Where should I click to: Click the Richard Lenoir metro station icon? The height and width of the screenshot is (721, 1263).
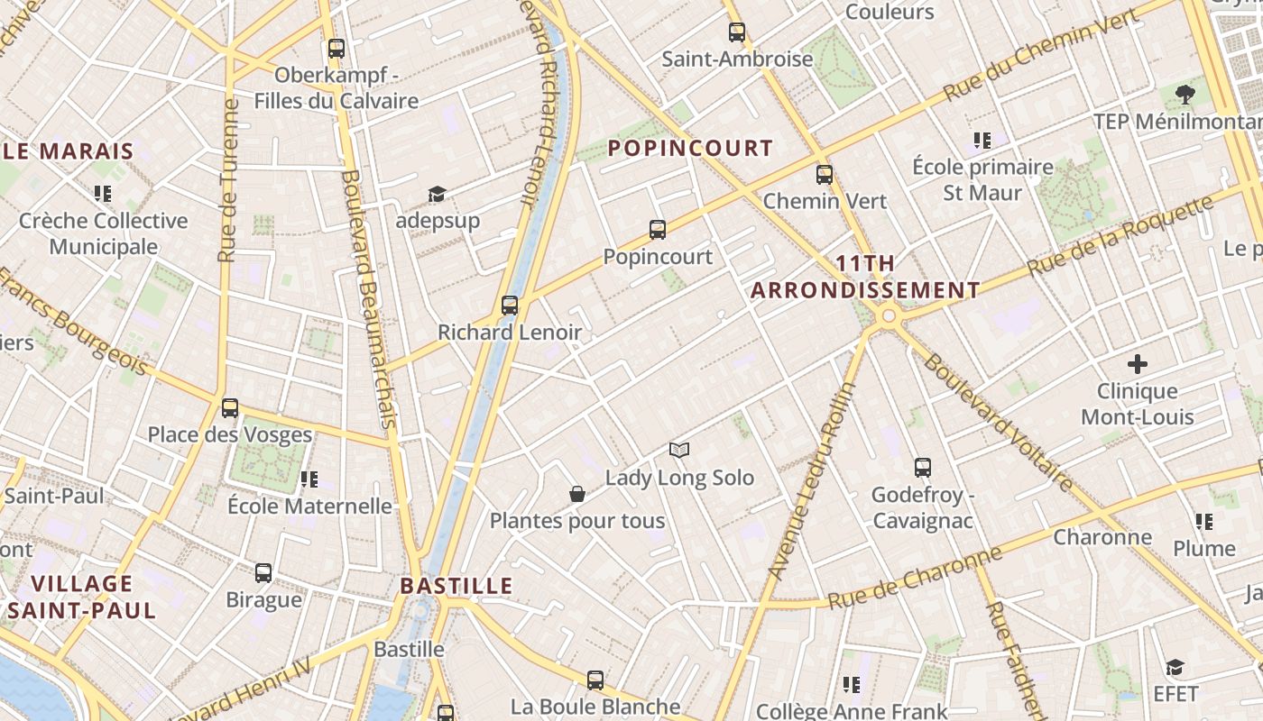510,306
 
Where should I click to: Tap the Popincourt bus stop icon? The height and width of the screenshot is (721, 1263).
658,230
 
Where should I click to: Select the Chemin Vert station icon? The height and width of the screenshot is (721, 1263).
825,175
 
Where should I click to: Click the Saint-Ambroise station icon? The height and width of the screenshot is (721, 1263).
737,32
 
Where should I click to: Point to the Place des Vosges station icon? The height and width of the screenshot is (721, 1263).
230,408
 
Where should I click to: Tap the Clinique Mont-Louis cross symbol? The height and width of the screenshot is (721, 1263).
1138,364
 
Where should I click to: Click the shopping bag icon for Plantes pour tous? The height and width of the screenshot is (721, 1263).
577,494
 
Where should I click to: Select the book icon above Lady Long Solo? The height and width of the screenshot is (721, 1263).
679,450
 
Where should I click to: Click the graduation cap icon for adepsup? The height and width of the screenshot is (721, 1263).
438,194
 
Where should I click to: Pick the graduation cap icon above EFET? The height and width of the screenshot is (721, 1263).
1175,667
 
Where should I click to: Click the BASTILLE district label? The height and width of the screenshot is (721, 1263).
456,586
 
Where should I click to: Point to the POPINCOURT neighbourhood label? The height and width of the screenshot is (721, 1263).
690,149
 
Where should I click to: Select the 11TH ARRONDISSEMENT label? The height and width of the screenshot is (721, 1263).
865,277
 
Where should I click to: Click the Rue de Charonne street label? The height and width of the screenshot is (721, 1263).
915,577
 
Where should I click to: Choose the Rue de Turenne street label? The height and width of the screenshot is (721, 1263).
229,180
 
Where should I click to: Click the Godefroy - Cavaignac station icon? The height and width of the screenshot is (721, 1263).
922,468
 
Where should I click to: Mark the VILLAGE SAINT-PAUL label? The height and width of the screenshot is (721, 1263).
83,597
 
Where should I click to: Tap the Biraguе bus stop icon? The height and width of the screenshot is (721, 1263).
263,573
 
